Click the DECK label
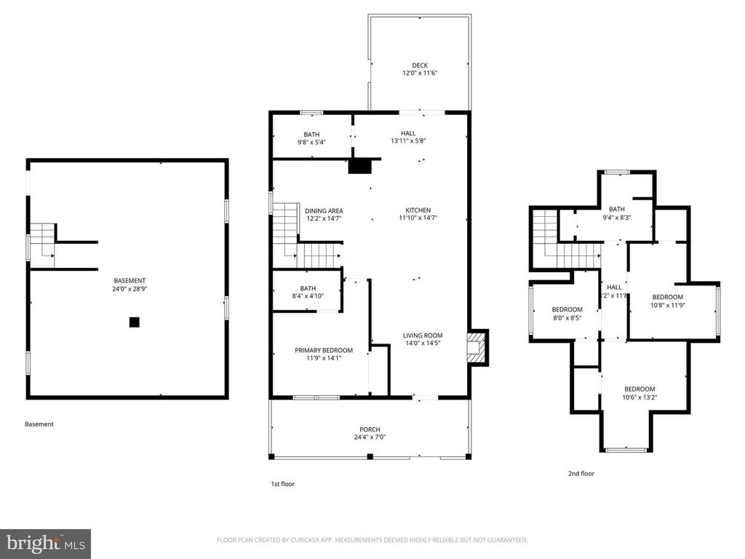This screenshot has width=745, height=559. [x=420, y=66]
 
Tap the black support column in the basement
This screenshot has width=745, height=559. [x=134, y=322]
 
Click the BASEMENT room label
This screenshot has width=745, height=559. [x=130, y=281]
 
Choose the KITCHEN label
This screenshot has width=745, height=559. [x=418, y=210]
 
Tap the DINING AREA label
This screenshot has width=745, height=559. [x=324, y=211]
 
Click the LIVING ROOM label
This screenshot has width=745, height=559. [x=423, y=336]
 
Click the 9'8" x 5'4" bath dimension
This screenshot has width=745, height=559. [x=311, y=143]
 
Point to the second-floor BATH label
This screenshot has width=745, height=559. [x=617, y=209]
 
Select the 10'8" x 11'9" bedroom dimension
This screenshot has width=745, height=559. [x=667, y=305]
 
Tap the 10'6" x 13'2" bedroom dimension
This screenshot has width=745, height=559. [x=639, y=397]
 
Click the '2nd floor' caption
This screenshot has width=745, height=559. [x=581, y=474]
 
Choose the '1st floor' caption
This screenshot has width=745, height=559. [x=282, y=484]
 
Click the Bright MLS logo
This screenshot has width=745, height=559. [x=45, y=543]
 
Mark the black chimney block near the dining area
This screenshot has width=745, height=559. [x=359, y=166]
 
